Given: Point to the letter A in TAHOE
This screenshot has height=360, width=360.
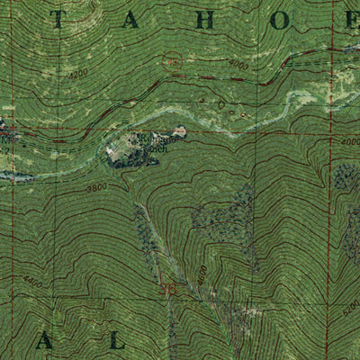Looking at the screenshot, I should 132,22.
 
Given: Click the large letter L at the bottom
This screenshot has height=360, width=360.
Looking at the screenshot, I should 115,339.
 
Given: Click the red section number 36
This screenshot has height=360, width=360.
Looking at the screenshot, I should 166,290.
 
